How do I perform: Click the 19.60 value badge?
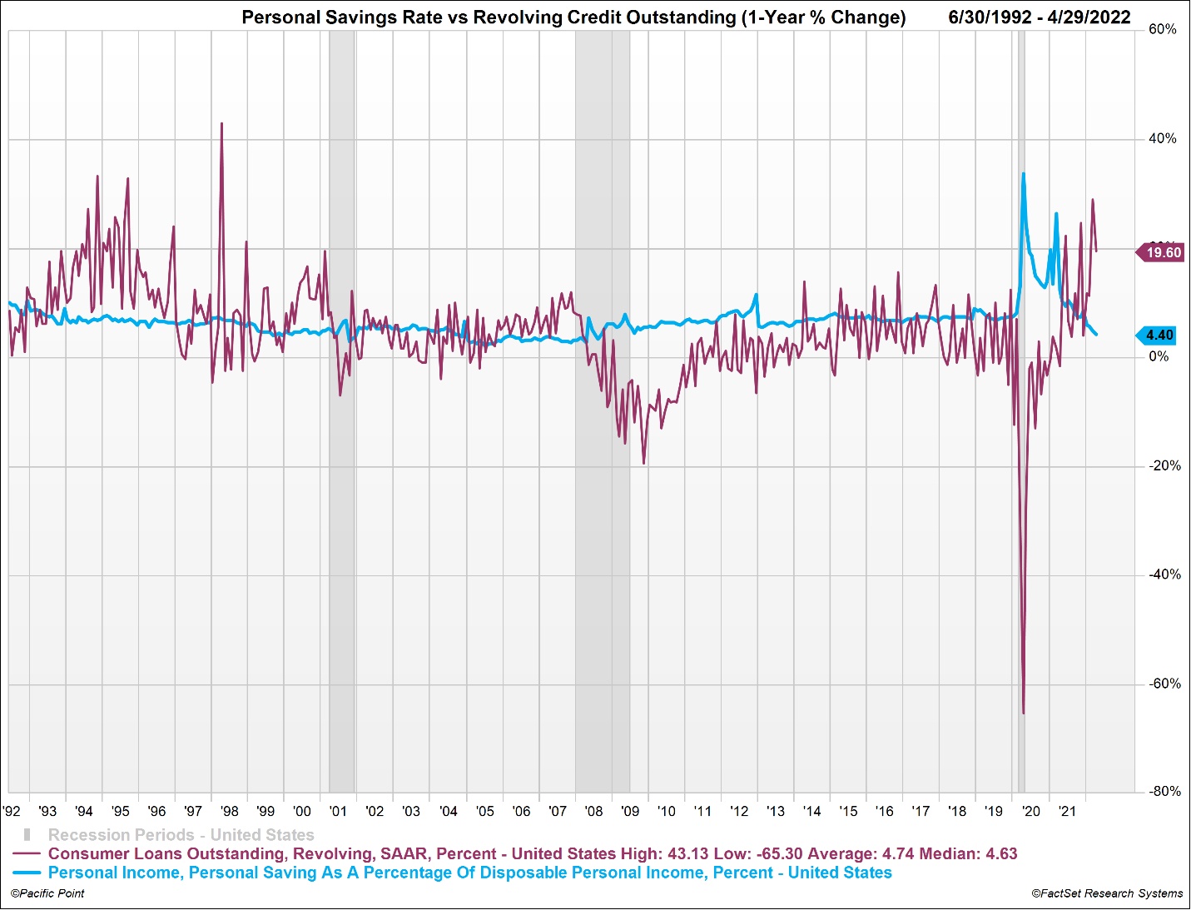pyautogui.click(x=1162, y=253)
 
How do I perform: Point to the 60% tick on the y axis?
pyautogui.click(x=1163, y=30)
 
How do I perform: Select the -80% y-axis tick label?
pyautogui.click(x=1164, y=792)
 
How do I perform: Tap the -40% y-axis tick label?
pyautogui.click(x=1164, y=574)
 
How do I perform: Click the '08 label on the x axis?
pyautogui.click(x=594, y=811)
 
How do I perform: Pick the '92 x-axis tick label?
pyautogui.click(x=12, y=811)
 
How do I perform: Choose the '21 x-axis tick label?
pyautogui.click(x=1067, y=811)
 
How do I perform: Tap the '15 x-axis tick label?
pyautogui.click(x=848, y=811)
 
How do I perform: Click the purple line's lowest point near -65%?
pyautogui.click(x=1023, y=713)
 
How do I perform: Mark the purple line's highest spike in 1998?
pyautogui.click(x=221, y=123)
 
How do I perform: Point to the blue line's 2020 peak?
pyautogui.click(x=1023, y=173)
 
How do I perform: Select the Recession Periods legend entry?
pyautogui.click(x=181, y=834)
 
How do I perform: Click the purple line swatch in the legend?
pyautogui.click(x=27, y=854)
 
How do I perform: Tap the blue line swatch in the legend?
pyautogui.click(x=27, y=873)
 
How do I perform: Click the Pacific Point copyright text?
pyautogui.click(x=47, y=893)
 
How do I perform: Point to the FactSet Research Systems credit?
pyautogui.click(x=1107, y=893)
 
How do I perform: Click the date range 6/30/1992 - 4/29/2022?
pyautogui.click(x=1039, y=17)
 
